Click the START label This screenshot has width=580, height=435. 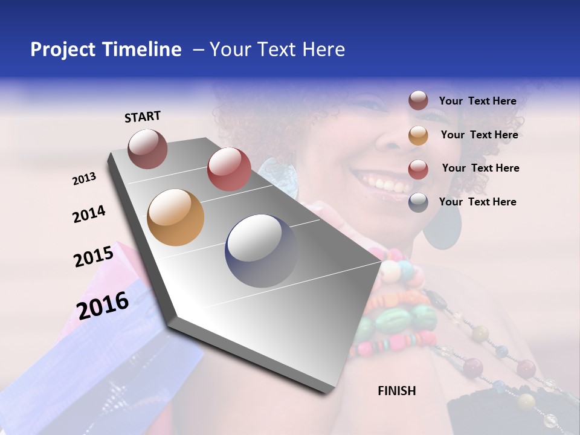[x=143, y=117]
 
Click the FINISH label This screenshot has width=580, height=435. [x=397, y=391]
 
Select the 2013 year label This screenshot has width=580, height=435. [x=84, y=179]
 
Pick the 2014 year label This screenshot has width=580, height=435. [x=89, y=214]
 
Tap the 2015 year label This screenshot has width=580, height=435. [x=94, y=256]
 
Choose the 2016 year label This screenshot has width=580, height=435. [x=103, y=305]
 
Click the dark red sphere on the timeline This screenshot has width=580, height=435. [x=147, y=149]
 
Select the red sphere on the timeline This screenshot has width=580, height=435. [x=229, y=169]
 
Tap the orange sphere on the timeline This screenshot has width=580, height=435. [x=176, y=217]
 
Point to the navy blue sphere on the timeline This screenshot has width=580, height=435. [x=261, y=251]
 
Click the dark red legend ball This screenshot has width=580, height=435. [x=418, y=101]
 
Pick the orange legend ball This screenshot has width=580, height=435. [x=418, y=135]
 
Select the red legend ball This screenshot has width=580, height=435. [x=418, y=169]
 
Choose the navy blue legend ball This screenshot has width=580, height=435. [x=418, y=202]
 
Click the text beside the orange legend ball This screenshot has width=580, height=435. [x=479, y=135]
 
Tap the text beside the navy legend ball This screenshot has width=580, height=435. [x=477, y=202]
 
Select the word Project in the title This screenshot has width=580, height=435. [x=63, y=50]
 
